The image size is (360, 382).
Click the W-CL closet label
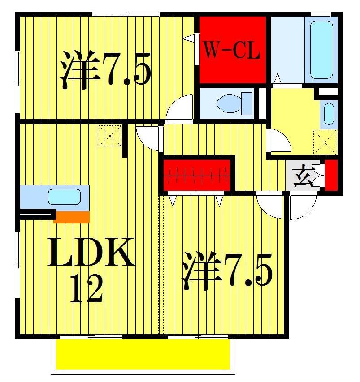(x=232, y=50)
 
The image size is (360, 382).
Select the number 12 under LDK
(x=88, y=289)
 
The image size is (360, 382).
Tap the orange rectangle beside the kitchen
(x=72, y=217)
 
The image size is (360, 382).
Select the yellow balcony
(x=143, y=354)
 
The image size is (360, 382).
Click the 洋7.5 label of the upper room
(x=106, y=69)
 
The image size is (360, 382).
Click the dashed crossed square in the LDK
(x=110, y=136)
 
